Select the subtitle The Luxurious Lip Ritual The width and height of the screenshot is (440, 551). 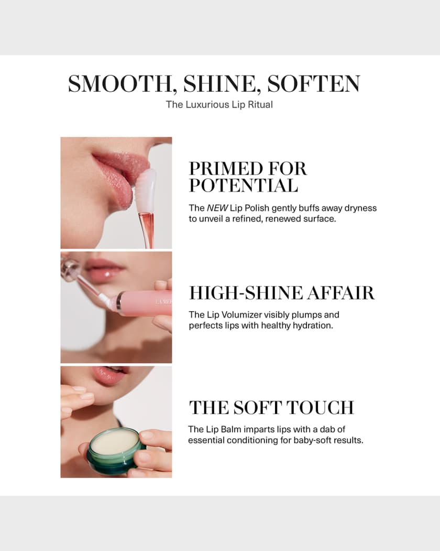(219, 104)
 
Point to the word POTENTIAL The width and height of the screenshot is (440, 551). (244, 185)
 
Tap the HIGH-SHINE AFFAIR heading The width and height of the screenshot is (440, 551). (282, 293)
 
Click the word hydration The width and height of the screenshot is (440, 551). (311, 325)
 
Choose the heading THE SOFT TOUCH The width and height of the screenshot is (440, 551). (271, 408)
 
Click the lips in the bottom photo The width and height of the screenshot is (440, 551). (109, 375)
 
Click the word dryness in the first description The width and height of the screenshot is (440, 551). (358, 208)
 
